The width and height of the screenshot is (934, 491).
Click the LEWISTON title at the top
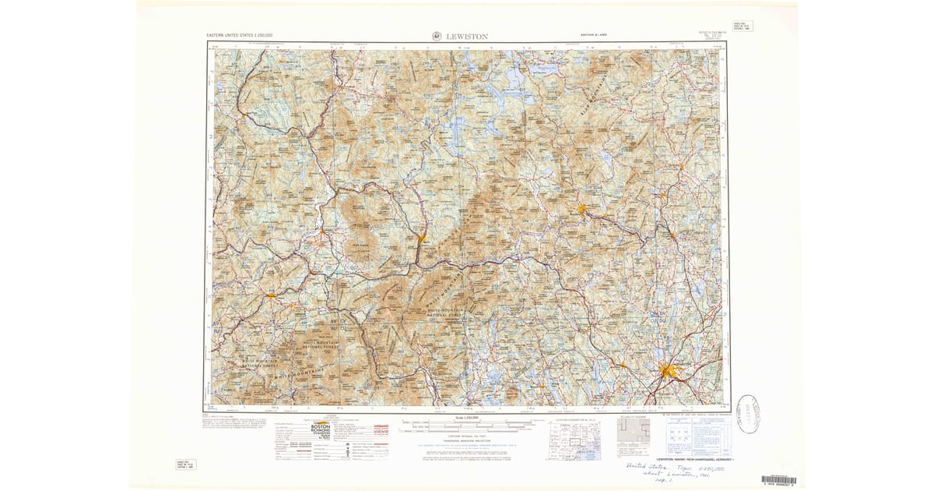pyautogui.click(x=467, y=36)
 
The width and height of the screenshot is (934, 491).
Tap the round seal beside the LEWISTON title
pyautogui.click(x=435, y=36)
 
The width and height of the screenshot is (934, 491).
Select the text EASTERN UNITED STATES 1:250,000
pyautogui.click(x=244, y=36)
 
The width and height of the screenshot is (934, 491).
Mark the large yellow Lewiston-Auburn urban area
pyautogui.click(x=667, y=372)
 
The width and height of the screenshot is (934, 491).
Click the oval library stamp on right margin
pyautogui.click(x=748, y=413)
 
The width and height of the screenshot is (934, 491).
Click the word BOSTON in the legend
pyautogui.click(x=311, y=428)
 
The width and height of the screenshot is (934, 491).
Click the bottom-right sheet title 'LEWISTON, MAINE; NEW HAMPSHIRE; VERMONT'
pyautogui.click(x=695, y=461)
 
